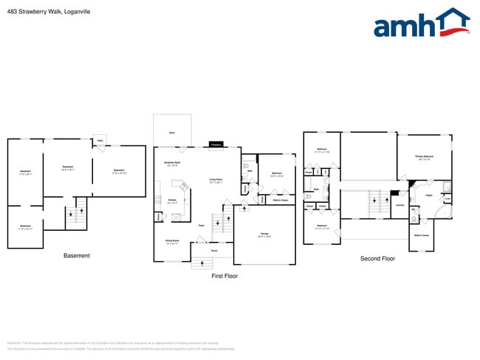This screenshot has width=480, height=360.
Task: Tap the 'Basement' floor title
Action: coord(77,256)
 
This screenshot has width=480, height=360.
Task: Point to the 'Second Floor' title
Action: coord(377,259)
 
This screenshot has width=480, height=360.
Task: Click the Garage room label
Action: coord(264,235)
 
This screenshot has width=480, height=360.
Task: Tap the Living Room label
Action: coord(216,180)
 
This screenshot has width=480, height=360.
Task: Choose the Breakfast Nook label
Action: coord(174,164)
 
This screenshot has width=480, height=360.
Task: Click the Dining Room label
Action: coord(172,241)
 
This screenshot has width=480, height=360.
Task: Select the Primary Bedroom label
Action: coord(424,157)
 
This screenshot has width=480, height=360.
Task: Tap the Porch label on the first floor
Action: coord(213,251)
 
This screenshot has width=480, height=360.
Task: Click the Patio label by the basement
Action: coord(99,140)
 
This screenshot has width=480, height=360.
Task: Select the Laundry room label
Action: coord(400,205)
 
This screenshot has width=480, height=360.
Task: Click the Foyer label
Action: coord(201,225)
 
